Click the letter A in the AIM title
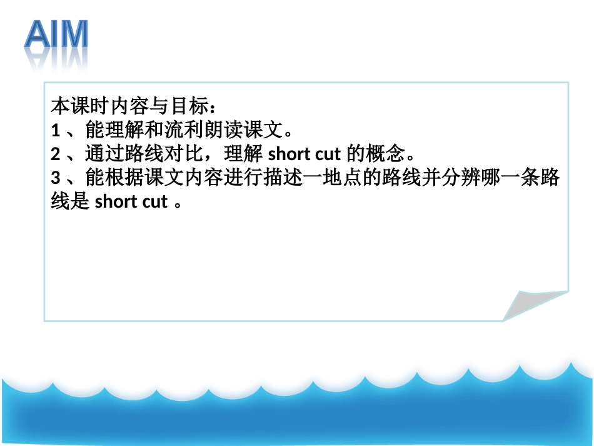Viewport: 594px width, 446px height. pyautogui.click(x=39, y=36)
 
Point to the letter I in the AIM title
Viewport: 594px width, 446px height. pyautogui.click(x=54, y=36)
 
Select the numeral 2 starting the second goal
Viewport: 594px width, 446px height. pyautogui.click(x=55, y=154)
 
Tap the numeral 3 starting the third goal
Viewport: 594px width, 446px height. pyautogui.click(x=55, y=178)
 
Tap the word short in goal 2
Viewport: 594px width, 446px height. pyautogui.click(x=289, y=154)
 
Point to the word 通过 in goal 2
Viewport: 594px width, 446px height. pyautogui.click(x=102, y=154)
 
